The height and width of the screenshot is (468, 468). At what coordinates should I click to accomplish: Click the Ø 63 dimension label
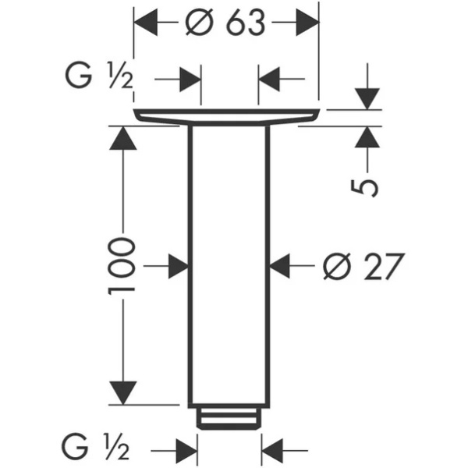pyautogui.click(x=225, y=23)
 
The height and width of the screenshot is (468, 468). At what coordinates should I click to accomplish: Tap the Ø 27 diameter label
pyautogui.click(x=364, y=267)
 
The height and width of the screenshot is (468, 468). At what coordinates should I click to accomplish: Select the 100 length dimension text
pyautogui.click(x=122, y=266)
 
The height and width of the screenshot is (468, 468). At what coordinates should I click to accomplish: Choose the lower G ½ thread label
pyautogui.click(x=95, y=447)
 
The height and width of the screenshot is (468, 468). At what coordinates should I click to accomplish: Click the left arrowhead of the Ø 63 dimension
pyautogui.click(x=146, y=22)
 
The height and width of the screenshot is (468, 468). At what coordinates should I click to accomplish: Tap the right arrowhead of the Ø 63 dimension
pyautogui.click(x=308, y=22)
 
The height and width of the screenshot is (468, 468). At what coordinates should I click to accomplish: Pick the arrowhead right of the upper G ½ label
pyautogui.click(x=190, y=80)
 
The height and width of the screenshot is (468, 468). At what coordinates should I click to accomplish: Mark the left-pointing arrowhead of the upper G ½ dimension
pyautogui.click(x=269, y=79)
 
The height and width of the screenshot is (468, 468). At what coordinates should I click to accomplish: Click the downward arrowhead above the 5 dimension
pyautogui.click(x=367, y=99)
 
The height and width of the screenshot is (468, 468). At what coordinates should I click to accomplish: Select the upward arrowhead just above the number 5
pyautogui.click(x=367, y=137)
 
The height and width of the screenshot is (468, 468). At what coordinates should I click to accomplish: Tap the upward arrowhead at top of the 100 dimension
pyautogui.click(x=123, y=138)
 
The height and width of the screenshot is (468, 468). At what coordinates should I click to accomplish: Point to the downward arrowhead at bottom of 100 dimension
pyautogui.click(x=123, y=393)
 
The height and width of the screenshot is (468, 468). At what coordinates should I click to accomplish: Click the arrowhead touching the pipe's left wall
pyautogui.click(x=179, y=266)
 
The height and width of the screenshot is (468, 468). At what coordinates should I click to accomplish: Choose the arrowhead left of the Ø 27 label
pyautogui.click(x=280, y=266)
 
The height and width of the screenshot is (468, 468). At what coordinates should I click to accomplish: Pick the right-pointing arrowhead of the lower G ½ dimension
pyautogui.click(x=186, y=450)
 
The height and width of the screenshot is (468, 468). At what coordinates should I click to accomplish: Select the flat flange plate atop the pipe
pyautogui.click(x=226, y=116)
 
